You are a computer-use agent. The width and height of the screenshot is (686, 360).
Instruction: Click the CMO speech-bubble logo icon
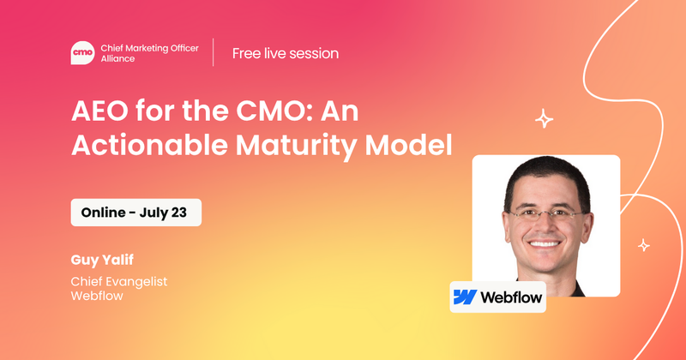tap(82, 52)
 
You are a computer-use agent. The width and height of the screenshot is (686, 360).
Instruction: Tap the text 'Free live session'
tap(285, 53)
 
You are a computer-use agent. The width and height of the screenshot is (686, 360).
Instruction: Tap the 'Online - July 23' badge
tap(135, 212)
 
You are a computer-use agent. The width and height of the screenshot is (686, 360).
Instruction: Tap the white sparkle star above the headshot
tap(544, 119)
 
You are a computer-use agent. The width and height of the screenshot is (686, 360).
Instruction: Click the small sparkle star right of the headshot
tap(643, 246)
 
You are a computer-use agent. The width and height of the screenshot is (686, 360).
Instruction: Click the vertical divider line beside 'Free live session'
tap(214, 53)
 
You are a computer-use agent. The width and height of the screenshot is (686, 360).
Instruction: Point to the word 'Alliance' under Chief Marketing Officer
tap(120, 60)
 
